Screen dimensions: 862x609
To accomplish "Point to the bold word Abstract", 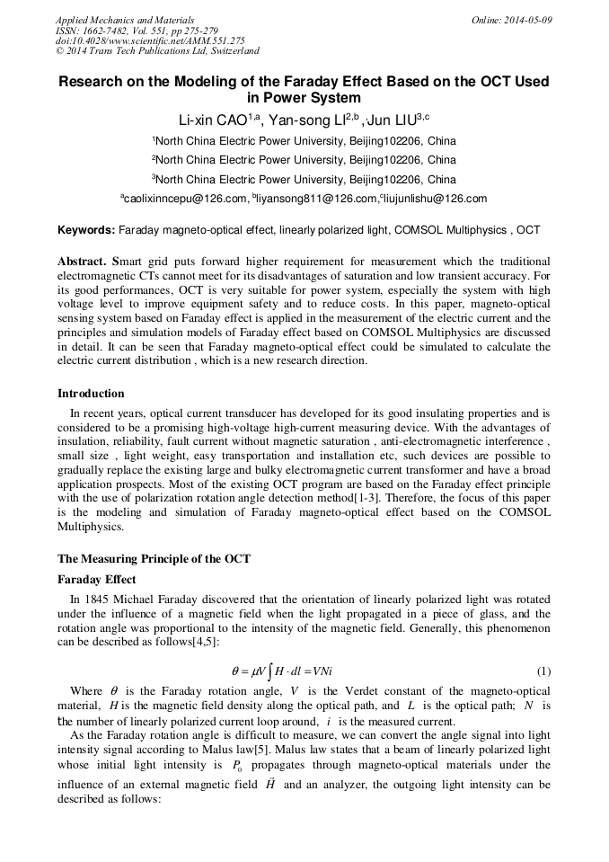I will pyautogui.click(x=82, y=260).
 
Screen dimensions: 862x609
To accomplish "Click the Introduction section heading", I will pyautogui.click(x=91, y=393).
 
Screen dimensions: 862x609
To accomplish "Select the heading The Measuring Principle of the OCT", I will pyautogui.click(x=154, y=558).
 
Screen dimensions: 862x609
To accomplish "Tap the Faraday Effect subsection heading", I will pyautogui.click(x=97, y=580).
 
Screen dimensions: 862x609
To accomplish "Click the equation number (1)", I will pyautogui.click(x=543, y=671).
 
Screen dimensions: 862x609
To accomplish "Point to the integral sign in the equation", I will pyautogui.click(x=266, y=671).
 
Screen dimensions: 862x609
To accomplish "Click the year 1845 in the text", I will pyautogui.click(x=96, y=600).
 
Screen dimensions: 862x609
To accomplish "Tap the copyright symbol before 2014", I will pyautogui.click(x=59, y=52).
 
